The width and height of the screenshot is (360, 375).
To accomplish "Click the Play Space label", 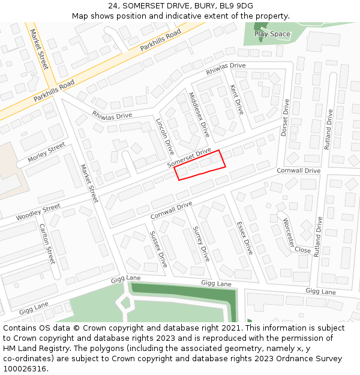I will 272,34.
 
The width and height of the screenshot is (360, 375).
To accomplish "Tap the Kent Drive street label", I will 237,100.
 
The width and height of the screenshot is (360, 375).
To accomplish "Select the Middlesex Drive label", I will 199,114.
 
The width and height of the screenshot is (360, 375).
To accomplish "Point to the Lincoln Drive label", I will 164,136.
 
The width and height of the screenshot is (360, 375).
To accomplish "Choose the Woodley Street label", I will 38,212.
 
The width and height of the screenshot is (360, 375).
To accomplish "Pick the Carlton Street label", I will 47,244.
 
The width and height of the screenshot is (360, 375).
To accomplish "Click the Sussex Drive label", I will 159,249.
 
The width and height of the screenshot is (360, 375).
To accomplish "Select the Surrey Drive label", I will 201,244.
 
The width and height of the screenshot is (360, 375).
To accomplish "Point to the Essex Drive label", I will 245,238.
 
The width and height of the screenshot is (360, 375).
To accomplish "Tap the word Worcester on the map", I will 289,232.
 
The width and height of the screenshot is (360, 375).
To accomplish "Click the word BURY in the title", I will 203,5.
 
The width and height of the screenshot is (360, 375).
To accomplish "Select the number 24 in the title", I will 113,5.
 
